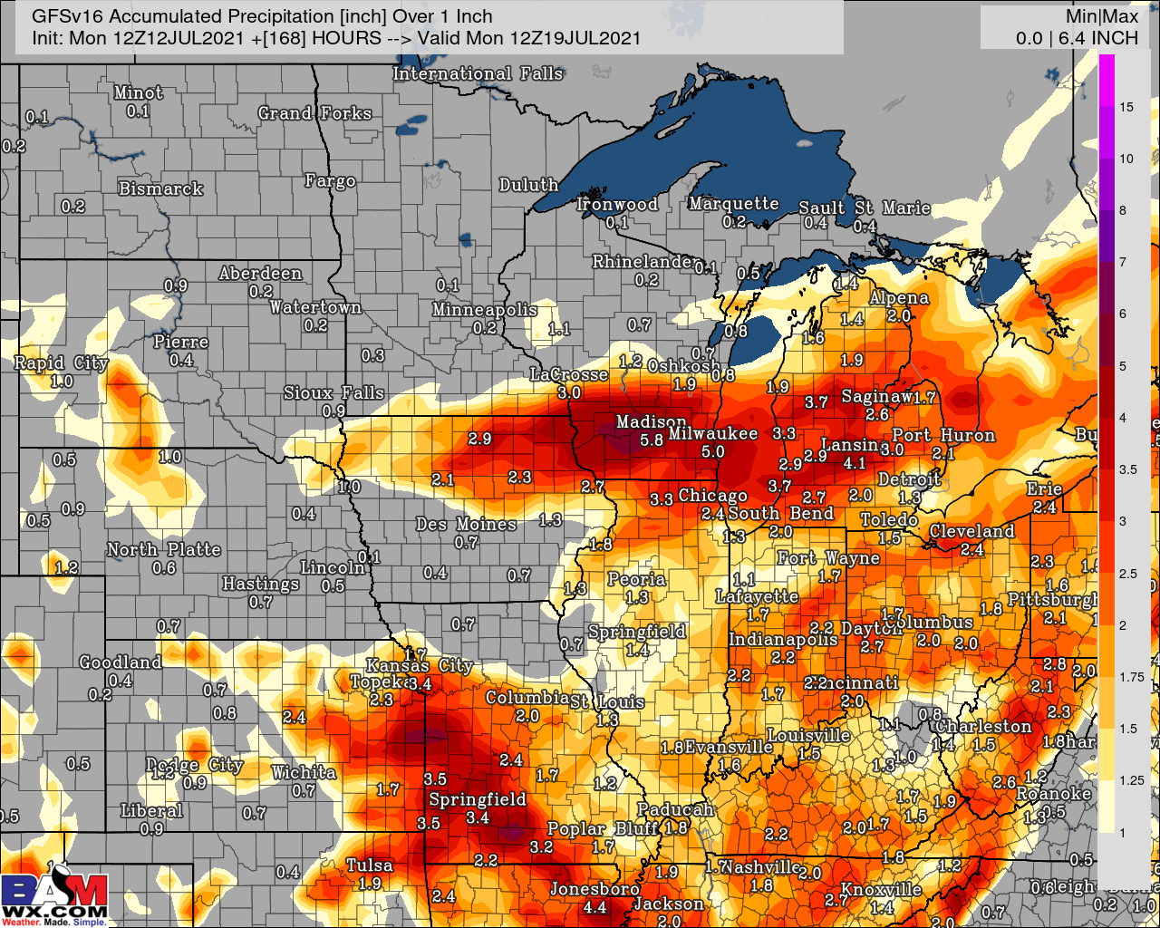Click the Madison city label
tap(651, 421)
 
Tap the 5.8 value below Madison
tap(651, 440)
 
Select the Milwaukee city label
tap(712, 433)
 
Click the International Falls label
tap(478, 73)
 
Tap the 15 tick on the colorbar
tap(1126, 107)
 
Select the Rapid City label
tap(61, 362)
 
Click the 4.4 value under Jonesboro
tap(594, 907)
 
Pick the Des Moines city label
tap(466, 524)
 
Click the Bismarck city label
tap(160, 188)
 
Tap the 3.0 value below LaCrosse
tap(568, 392)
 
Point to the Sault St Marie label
tap(864, 208)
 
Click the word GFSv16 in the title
tap(67, 16)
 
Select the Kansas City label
tap(419, 665)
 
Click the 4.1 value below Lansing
tap(854, 463)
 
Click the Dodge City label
tap(195, 765)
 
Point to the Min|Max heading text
tap(1101, 16)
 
